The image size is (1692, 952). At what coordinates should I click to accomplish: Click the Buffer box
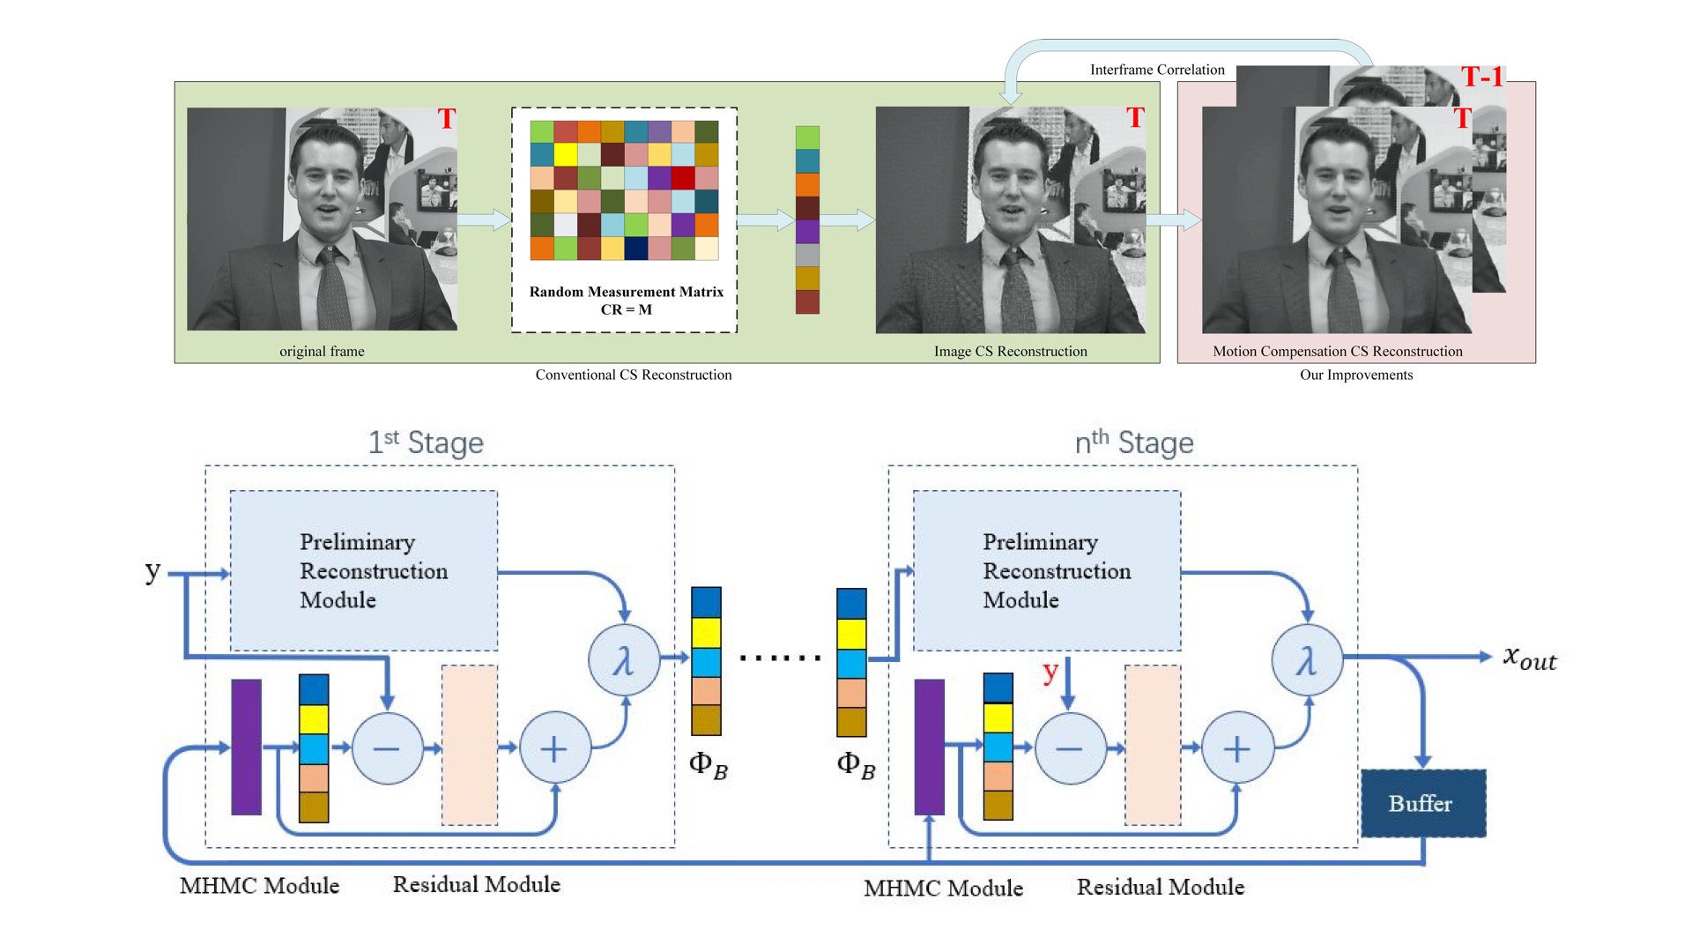[1423, 803]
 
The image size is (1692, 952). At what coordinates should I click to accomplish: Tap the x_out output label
[1530, 658]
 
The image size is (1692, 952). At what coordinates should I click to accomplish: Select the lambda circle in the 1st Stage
[624, 660]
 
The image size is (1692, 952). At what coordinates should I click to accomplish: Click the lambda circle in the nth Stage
[1307, 660]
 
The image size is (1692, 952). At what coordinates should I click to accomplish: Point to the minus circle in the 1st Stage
[387, 748]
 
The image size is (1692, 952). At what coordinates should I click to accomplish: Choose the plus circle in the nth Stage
[1237, 748]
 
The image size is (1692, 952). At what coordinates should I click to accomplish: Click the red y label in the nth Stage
[1050, 672]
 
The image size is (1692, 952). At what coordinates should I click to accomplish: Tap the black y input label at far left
[152, 571]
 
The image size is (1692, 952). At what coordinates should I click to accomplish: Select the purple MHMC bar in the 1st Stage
[246, 747]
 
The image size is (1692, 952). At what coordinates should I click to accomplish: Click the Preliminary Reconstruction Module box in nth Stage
[1047, 570]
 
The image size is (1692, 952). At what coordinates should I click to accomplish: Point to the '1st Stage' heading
[426, 442]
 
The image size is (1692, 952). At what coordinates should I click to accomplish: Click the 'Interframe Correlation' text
[1157, 70]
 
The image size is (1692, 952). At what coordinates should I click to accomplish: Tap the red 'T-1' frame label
[1482, 78]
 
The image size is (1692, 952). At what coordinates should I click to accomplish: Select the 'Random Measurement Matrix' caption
[626, 292]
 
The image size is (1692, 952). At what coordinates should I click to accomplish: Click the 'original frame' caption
[322, 351]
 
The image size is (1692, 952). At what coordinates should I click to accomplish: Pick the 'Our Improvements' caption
[1356, 375]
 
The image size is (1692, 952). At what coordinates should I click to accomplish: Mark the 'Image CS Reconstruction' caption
[1010, 351]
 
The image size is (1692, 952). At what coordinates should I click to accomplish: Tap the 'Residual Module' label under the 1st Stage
[476, 884]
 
